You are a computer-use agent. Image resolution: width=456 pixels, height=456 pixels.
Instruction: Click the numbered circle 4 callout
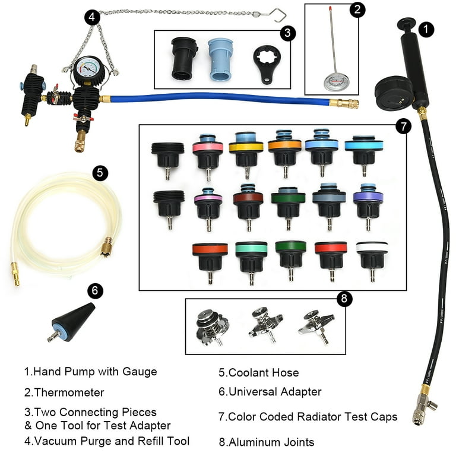92,17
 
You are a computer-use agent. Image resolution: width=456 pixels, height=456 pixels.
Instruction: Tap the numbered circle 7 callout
403,126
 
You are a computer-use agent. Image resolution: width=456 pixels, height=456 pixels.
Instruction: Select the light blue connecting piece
220,59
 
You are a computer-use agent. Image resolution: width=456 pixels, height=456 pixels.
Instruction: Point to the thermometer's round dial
337,81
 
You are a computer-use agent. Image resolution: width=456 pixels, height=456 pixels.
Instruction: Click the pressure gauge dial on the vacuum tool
88,69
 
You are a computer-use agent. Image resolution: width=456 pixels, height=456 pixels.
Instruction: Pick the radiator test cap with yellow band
246,154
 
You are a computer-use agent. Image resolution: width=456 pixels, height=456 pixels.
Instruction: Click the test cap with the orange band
284,153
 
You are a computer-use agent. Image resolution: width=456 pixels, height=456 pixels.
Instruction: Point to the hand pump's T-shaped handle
407,24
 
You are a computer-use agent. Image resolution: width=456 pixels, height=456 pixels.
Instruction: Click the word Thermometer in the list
69,392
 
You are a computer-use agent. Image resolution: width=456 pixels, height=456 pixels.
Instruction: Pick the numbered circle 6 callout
95,290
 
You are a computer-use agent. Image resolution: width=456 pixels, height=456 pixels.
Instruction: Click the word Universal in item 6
249,391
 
